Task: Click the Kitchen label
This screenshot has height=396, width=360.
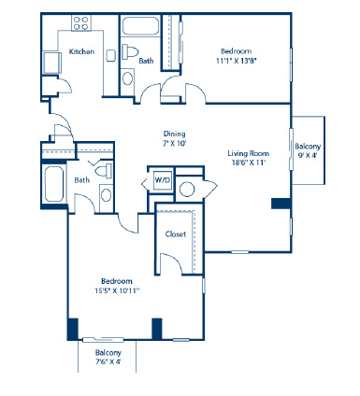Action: (81, 51)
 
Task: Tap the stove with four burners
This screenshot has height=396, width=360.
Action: (81, 23)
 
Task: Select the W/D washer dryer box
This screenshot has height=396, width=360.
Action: (163, 180)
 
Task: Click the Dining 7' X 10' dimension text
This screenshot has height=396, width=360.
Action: (175, 144)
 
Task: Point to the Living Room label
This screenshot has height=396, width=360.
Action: (248, 153)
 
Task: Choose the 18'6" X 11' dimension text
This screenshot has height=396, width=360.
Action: (249, 163)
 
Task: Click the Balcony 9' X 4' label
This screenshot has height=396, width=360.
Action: (308, 150)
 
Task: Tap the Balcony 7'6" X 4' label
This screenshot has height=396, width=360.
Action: (108, 357)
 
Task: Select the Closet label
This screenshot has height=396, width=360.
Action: (176, 233)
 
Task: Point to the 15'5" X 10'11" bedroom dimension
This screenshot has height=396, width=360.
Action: (117, 290)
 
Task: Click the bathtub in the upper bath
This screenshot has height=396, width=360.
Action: (140, 26)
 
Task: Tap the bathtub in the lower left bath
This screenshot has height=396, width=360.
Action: (54, 184)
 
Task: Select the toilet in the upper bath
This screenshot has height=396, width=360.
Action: (130, 51)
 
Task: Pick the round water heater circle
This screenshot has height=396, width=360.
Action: (187, 189)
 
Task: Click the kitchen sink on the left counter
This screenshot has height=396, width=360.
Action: (51, 63)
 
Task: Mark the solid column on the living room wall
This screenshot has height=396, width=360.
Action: (281, 204)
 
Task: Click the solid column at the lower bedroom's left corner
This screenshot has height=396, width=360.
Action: (73, 329)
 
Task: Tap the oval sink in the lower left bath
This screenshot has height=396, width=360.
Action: (106, 195)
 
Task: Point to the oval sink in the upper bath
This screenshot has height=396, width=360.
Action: (127, 78)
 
